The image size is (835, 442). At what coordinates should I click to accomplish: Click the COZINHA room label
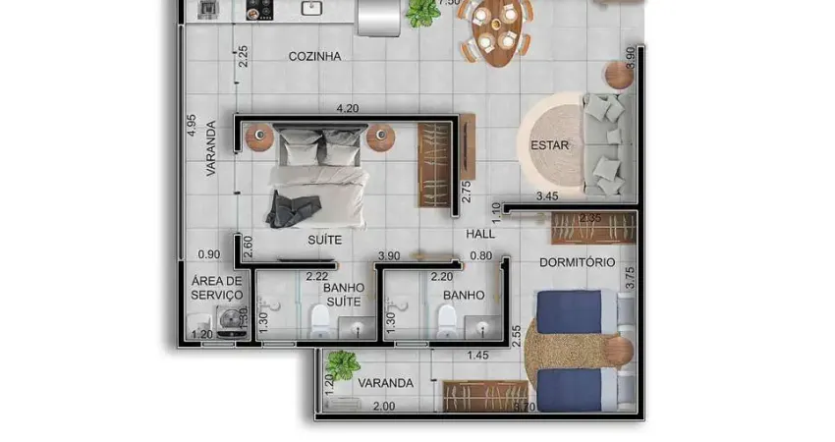[x=314, y=56]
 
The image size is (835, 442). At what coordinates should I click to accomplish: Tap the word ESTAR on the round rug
[x=550, y=146]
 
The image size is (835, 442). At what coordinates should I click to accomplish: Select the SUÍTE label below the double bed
[x=325, y=239]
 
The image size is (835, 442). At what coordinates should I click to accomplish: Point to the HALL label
[x=480, y=235]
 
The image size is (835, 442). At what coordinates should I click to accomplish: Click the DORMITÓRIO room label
[x=577, y=262]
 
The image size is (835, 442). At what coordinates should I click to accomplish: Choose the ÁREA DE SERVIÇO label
[x=216, y=288]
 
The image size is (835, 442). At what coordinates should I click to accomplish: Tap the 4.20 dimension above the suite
[x=347, y=108]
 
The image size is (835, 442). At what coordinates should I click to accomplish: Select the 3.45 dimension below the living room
[x=547, y=196]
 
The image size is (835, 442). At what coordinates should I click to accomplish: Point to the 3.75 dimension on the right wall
[x=630, y=278]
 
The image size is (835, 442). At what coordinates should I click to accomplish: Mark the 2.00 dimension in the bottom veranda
[x=384, y=406]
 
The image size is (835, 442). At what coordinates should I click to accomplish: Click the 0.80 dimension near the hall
[x=480, y=256]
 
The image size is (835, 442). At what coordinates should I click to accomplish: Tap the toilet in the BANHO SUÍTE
[x=319, y=320]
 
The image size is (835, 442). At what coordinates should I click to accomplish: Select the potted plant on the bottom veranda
[x=343, y=363]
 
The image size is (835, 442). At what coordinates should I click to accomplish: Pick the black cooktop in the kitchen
[x=258, y=10]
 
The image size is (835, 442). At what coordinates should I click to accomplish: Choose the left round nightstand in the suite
[x=258, y=138]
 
